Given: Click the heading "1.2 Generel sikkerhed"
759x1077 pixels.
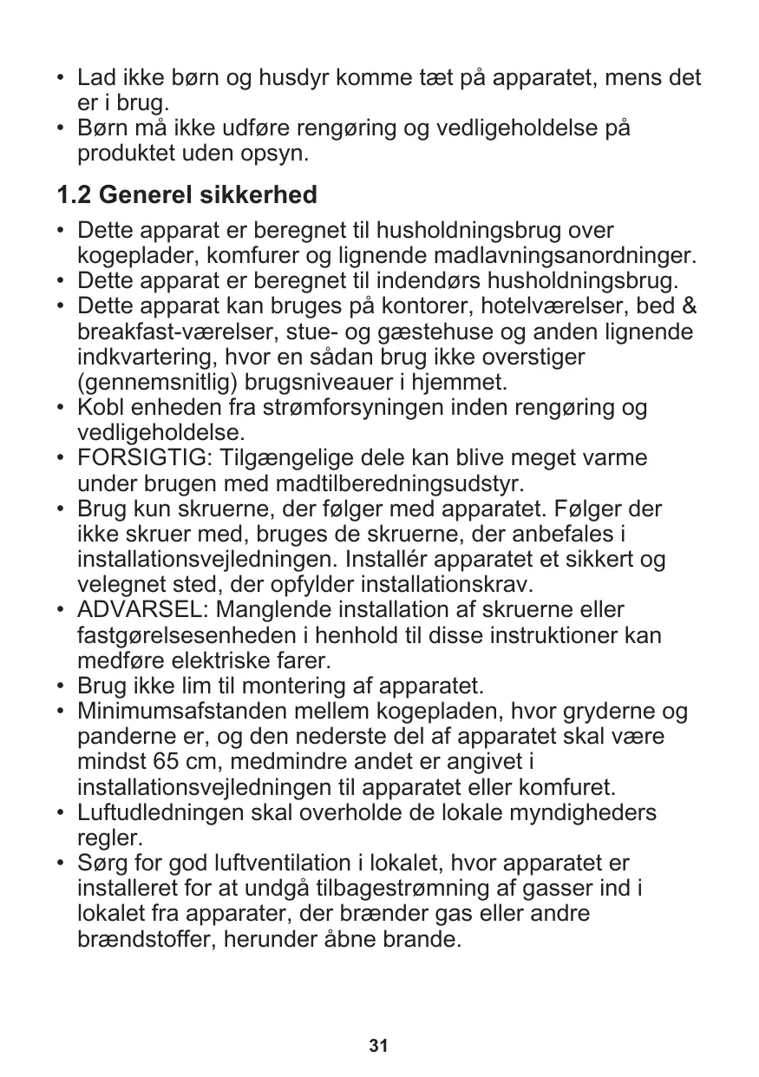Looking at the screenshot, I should [x=186, y=195].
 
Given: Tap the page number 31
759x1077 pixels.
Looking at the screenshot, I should [x=378, y=1046].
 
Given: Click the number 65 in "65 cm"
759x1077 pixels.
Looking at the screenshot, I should [x=151, y=763].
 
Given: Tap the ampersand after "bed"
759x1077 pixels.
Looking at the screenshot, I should [x=693, y=307].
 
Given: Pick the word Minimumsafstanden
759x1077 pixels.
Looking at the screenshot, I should [x=182, y=713].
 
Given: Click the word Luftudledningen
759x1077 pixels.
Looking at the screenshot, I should [x=165, y=814].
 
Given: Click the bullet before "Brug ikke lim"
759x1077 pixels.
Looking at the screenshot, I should [x=59, y=686].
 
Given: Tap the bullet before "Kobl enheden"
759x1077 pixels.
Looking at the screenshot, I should [x=59, y=407].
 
